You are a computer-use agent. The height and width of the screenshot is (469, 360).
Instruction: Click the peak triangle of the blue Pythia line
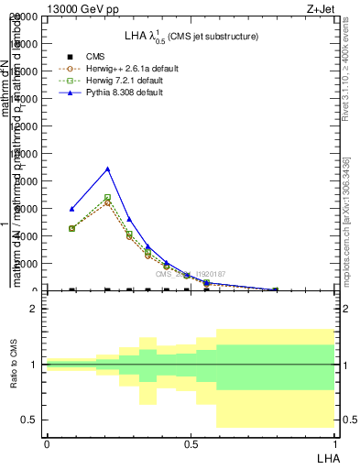click(x=108, y=169)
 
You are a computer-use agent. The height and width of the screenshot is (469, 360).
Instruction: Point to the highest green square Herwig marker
click(x=108, y=197)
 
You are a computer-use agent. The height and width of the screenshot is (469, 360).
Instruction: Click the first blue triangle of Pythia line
click(x=72, y=209)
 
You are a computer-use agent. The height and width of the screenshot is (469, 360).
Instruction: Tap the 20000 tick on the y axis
click(x=27, y=16)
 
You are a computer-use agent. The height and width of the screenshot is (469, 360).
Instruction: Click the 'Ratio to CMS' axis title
click(x=13, y=365)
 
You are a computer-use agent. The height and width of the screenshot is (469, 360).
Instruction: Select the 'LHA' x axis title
click(x=326, y=457)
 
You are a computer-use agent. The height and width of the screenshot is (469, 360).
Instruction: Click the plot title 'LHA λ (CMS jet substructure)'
click(x=191, y=36)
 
